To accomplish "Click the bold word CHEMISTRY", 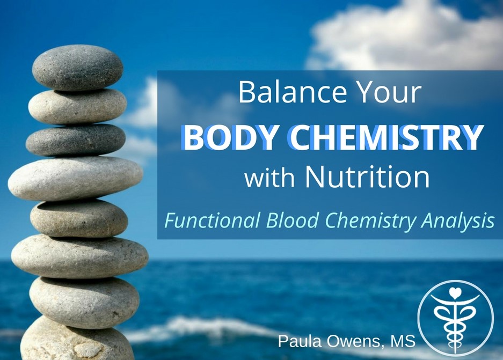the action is click(386, 137).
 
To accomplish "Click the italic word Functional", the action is click(212, 221).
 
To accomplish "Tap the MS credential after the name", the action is click(403, 341).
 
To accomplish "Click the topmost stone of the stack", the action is click(78, 68).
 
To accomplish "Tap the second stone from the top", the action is click(78, 106).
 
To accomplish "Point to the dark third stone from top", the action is click(76, 140).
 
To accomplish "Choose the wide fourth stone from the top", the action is click(75, 178).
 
